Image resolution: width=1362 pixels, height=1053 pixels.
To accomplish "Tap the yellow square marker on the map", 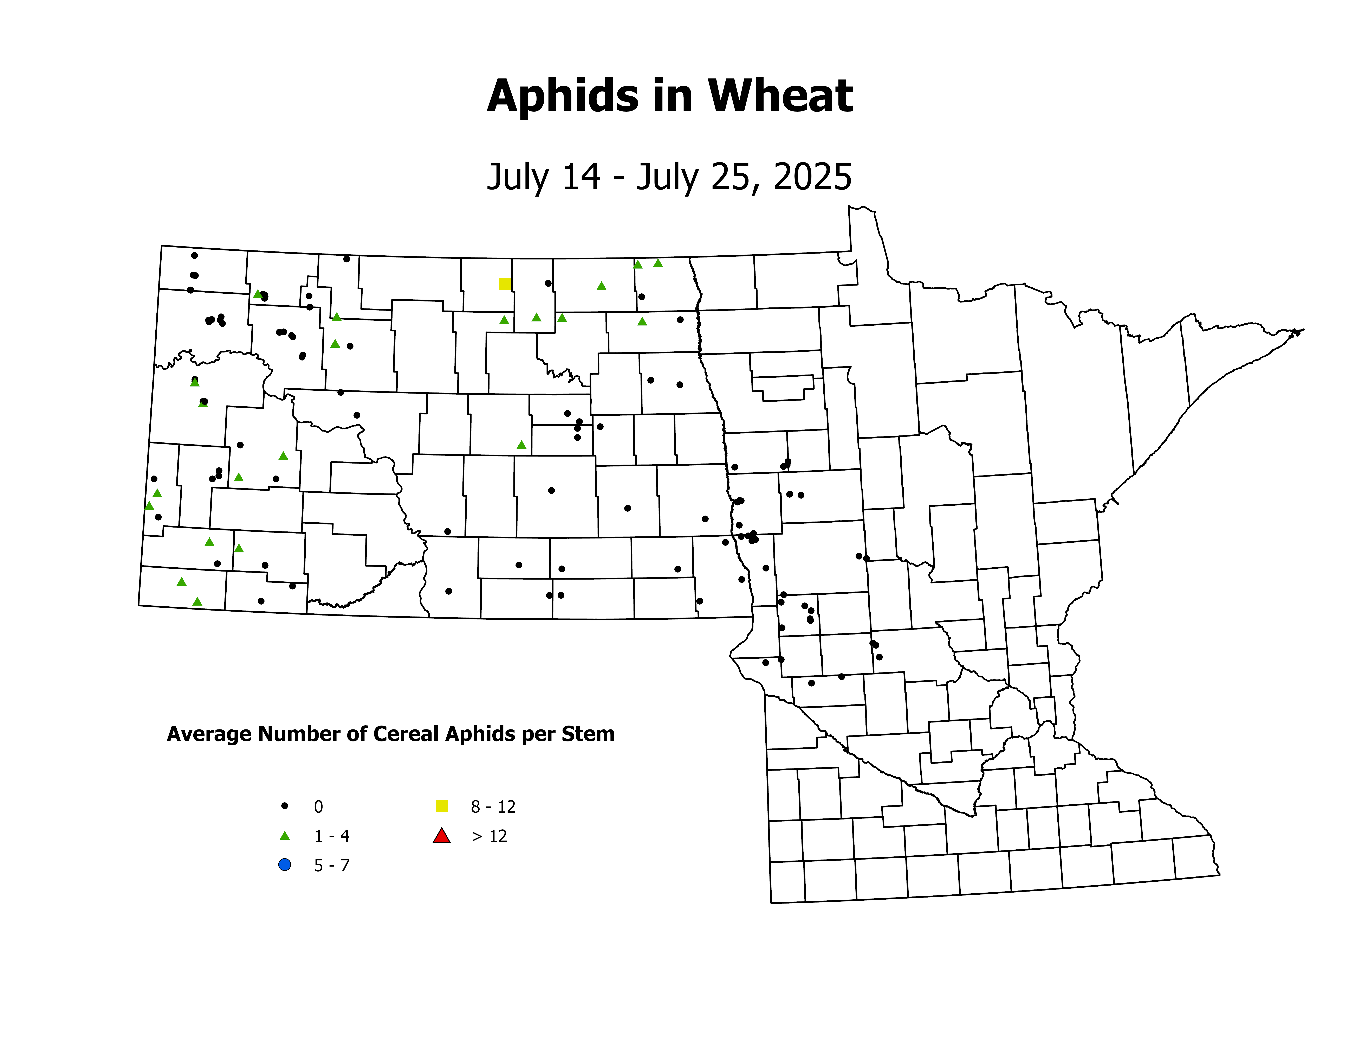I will (505, 284).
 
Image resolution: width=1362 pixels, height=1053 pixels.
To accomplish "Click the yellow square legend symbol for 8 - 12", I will (442, 806).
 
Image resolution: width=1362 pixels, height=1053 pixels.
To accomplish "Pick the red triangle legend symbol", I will (442, 836).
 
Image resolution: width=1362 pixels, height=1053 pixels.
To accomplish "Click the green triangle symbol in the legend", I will (284, 836).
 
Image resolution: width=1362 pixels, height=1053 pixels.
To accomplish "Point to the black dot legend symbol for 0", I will (284, 806).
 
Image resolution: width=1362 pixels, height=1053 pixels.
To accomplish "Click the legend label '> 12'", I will (489, 837).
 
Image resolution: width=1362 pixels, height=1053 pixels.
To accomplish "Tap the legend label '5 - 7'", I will (331, 866).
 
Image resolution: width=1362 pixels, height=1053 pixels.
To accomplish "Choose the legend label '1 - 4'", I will (331, 837).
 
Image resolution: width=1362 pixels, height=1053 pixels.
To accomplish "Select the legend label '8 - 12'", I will (493, 807).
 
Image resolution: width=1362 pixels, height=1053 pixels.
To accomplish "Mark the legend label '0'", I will (318, 807).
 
